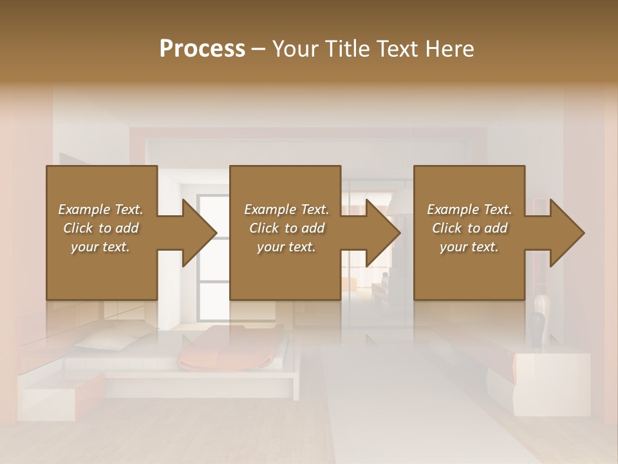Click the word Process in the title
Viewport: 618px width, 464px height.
(202, 48)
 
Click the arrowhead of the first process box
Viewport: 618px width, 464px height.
(199, 233)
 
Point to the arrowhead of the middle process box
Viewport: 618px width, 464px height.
(382, 233)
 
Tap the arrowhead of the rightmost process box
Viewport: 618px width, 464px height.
(566, 233)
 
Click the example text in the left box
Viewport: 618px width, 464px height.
(100, 228)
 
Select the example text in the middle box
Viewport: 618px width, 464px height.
(286, 228)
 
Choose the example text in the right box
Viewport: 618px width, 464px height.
(469, 228)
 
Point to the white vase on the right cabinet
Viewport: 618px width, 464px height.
(542, 306)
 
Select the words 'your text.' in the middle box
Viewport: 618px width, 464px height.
(286, 247)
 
